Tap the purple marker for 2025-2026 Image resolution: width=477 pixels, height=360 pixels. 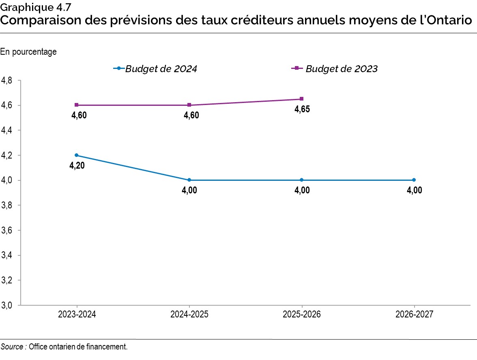click(x=302, y=99)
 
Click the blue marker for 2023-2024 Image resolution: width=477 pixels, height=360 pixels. click(x=77, y=155)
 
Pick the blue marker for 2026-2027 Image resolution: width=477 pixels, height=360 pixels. click(x=414, y=180)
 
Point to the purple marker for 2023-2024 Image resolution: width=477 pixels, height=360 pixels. click(x=77, y=105)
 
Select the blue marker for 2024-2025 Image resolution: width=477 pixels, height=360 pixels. click(x=189, y=180)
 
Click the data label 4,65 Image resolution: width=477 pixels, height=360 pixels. click(x=302, y=109)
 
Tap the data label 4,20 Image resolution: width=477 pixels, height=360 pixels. click(x=77, y=165)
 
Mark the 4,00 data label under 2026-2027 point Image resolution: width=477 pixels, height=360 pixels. click(x=414, y=191)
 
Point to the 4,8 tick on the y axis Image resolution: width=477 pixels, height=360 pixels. click(x=7, y=81)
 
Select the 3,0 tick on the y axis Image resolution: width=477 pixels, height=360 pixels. click(x=7, y=305)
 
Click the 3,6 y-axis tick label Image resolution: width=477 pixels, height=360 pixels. click(x=7, y=230)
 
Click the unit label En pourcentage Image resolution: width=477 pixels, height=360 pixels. click(x=28, y=52)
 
